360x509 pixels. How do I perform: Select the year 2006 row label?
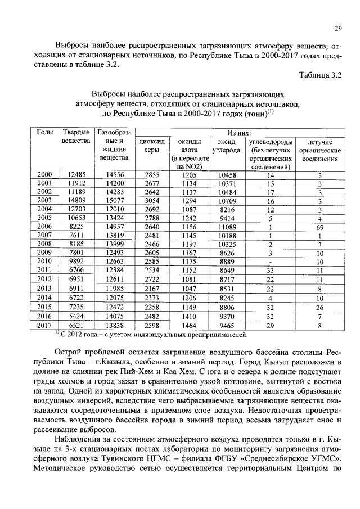click(44, 227)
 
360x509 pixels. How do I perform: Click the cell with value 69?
click(319, 227)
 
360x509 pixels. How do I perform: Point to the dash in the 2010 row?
click(271, 262)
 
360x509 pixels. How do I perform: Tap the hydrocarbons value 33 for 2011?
click(271, 270)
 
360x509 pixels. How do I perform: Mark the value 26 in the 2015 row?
click(319, 307)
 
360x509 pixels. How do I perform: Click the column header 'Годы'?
click(44, 132)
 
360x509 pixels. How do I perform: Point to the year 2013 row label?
click(44, 289)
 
